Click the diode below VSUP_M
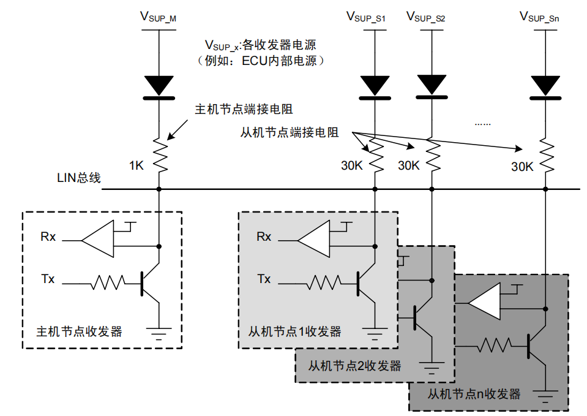[x=159, y=86]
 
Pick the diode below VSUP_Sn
[x=544, y=86]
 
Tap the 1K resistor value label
[x=136, y=165]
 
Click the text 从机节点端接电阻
[x=290, y=132]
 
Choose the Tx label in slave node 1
[x=264, y=279]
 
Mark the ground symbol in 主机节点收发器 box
[x=159, y=333]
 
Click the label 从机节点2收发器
[x=354, y=366]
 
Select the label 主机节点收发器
[x=80, y=331]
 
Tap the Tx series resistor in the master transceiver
[x=108, y=282]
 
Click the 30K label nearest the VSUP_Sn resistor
[x=522, y=165]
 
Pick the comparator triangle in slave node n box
[x=485, y=302]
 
